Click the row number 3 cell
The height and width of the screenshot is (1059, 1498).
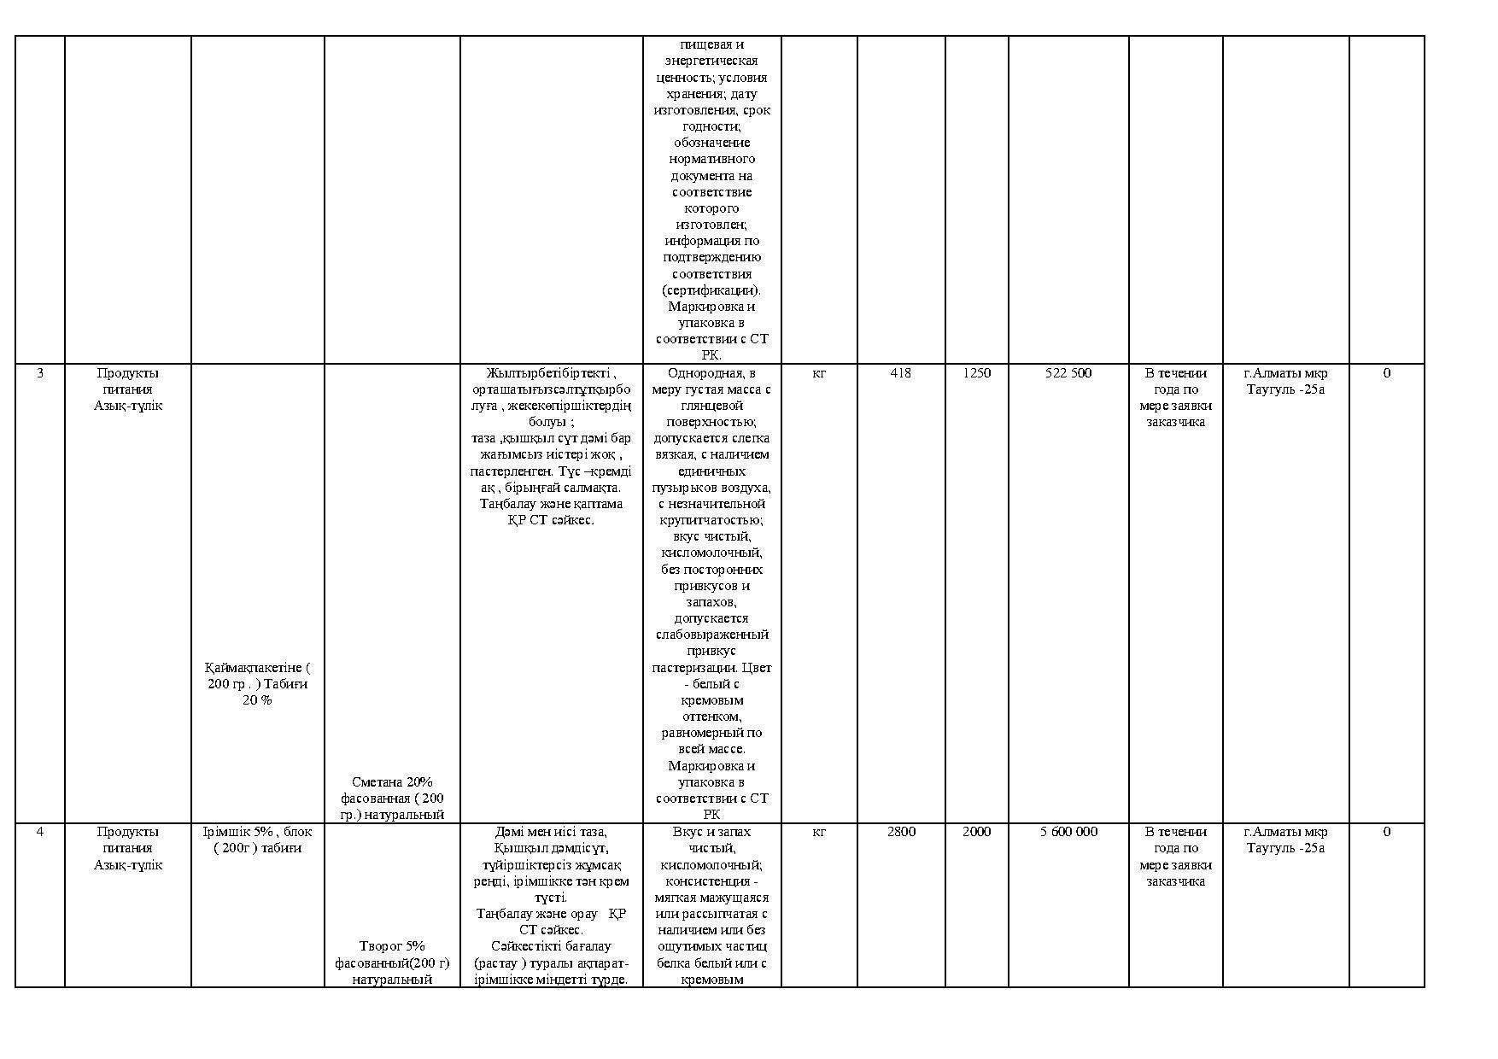click(39, 373)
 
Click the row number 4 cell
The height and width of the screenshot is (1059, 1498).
click(39, 832)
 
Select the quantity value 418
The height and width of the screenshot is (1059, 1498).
click(900, 373)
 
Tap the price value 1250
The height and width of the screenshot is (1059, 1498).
click(976, 373)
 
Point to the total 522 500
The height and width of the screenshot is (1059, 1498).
click(1068, 373)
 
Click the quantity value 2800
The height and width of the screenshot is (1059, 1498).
click(901, 832)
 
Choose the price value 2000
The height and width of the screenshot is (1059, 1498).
click(976, 832)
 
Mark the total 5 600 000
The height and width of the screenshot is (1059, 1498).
click(1068, 832)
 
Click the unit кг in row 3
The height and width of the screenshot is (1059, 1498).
click(818, 373)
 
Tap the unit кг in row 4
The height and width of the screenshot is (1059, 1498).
click(818, 832)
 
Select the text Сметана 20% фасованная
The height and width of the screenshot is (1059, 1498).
click(392, 790)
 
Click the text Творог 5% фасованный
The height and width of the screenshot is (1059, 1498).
click(392, 955)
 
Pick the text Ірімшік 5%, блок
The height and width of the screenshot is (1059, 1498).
click(257, 832)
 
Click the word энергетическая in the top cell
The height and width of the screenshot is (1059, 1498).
click(711, 61)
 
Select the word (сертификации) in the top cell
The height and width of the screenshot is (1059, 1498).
click(711, 290)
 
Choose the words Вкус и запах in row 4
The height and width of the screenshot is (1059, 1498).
click(711, 832)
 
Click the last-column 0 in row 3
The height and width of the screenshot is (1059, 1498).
click(1386, 373)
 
